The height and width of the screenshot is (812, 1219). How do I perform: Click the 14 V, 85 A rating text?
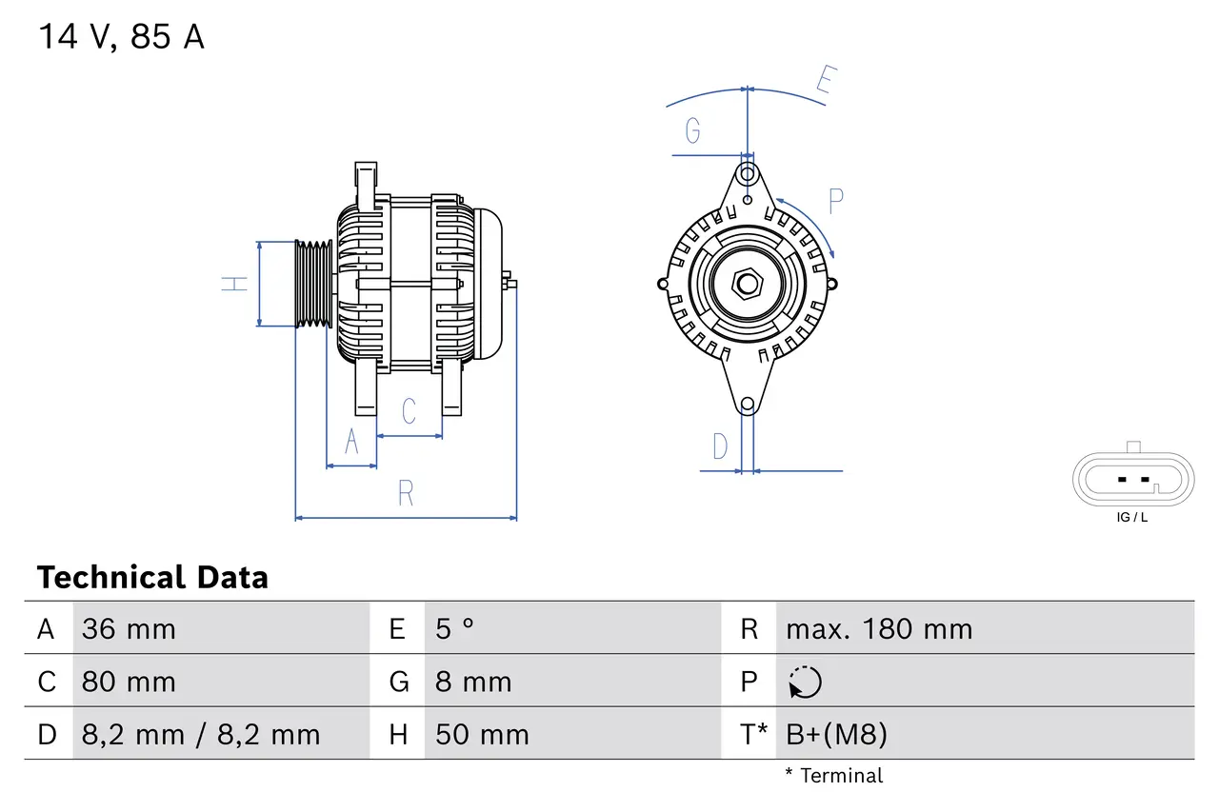point(121,36)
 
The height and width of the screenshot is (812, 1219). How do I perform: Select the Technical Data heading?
point(152,577)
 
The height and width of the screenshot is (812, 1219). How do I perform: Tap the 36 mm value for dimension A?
point(129,629)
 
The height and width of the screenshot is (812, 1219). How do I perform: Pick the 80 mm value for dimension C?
point(129,682)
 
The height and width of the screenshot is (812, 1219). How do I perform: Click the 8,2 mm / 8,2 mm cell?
point(201,734)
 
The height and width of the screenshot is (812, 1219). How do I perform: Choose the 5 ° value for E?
point(454,629)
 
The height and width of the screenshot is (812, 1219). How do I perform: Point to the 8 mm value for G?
point(473,682)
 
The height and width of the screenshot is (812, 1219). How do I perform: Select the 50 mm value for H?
point(481,734)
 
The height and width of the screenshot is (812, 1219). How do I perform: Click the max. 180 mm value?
point(878,629)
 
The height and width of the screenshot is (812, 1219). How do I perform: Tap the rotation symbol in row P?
point(805,682)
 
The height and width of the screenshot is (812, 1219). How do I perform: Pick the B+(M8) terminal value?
point(836,734)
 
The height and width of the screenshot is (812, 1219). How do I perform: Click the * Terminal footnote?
point(834,776)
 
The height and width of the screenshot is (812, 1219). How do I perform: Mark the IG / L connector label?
point(1132,518)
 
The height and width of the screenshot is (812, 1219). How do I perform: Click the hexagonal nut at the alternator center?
point(748,283)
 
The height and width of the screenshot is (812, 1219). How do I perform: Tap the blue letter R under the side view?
point(406,494)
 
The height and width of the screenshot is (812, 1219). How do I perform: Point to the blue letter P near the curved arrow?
point(835,201)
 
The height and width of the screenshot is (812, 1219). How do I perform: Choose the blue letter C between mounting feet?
point(409,411)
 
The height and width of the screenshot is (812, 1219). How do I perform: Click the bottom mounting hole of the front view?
point(748,405)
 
